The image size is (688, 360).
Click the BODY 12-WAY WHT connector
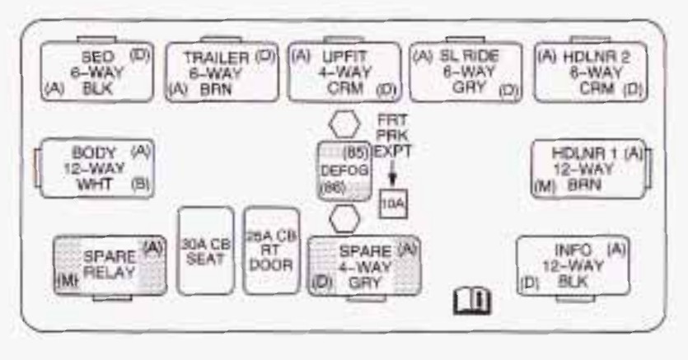tap(93, 168)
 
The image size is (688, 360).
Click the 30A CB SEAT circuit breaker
tap(205, 250)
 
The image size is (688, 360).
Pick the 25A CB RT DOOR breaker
tap(271, 250)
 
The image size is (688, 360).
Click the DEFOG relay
tap(344, 170)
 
